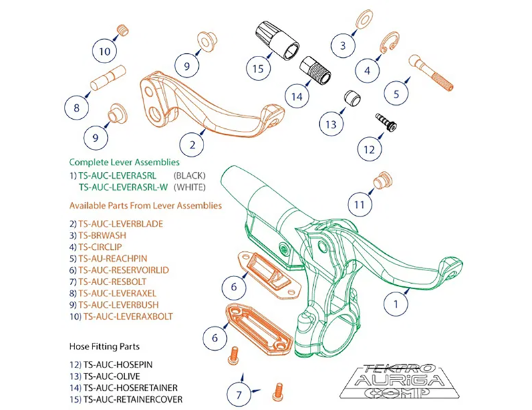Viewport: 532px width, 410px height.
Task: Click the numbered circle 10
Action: coord(104,51)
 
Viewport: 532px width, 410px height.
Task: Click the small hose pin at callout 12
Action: coord(385,122)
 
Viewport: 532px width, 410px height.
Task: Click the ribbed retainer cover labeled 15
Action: coord(275,39)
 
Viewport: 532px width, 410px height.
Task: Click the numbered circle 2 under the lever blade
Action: coord(192,143)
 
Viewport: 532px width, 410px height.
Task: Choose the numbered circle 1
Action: coord(396,304)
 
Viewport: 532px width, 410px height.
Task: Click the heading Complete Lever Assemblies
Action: coord(124,161)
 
